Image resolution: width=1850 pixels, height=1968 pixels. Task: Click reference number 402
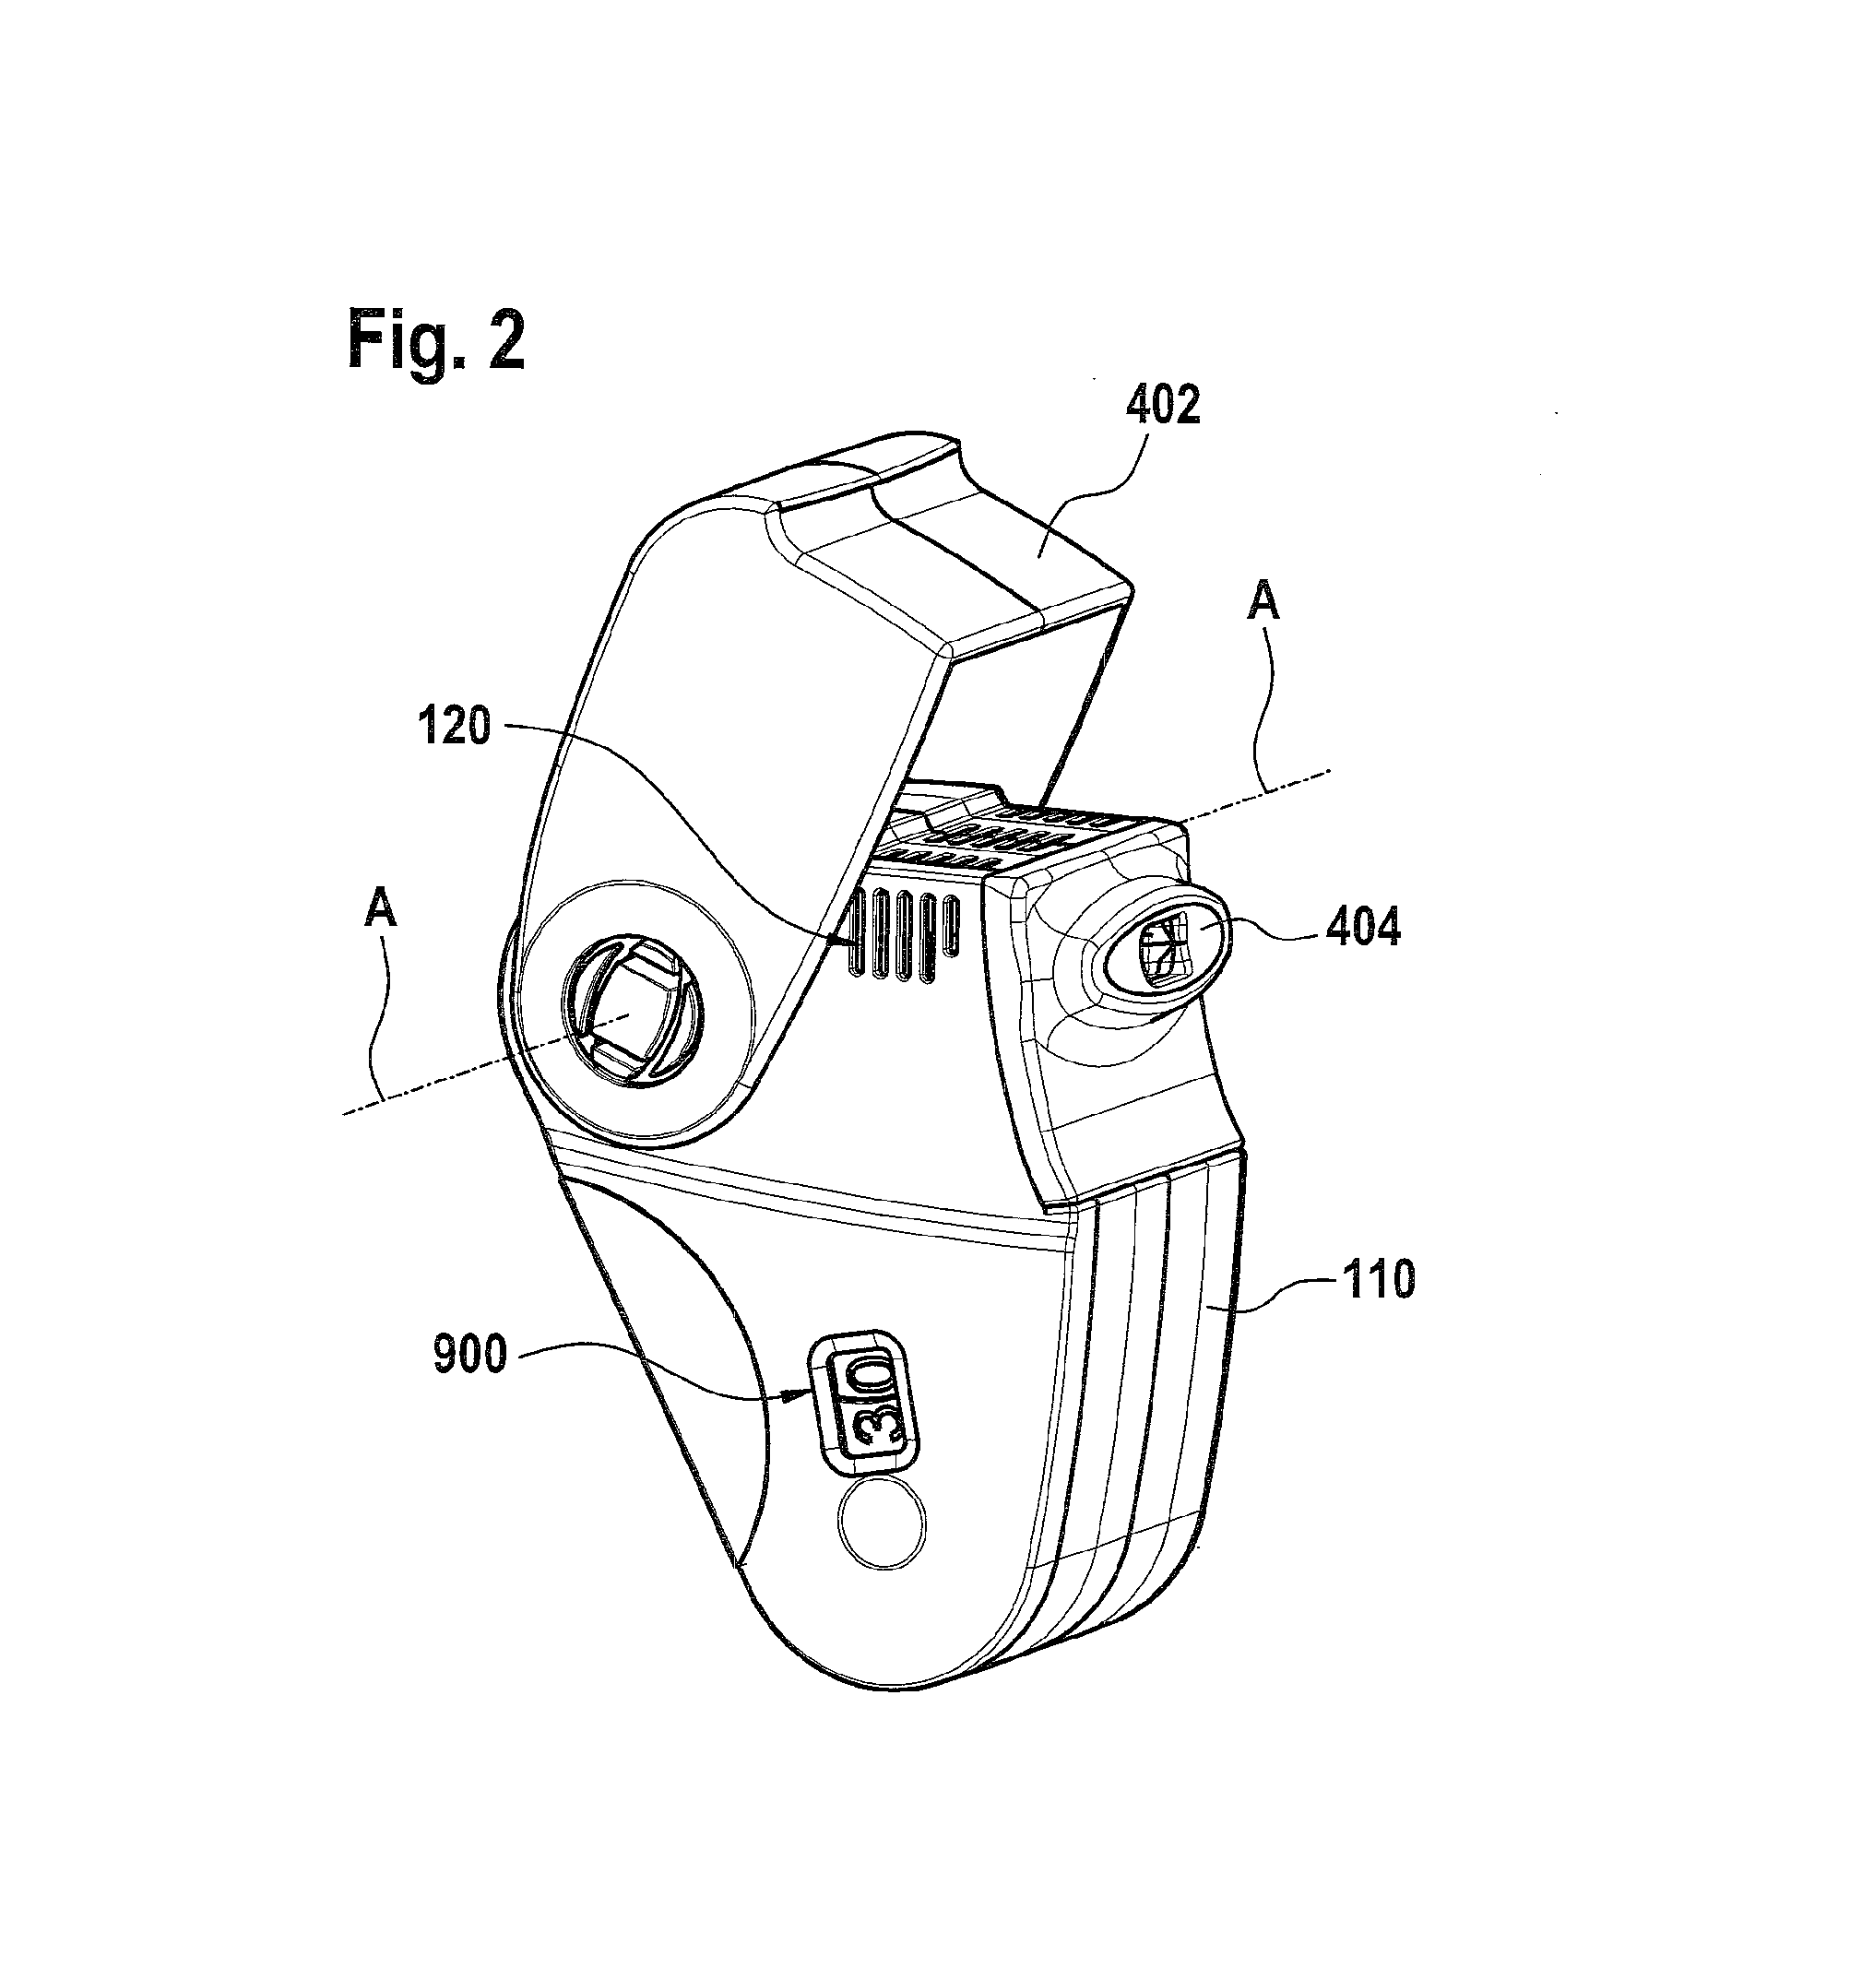click(1162, 405)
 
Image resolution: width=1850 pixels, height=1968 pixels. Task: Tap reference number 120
click(455, 728)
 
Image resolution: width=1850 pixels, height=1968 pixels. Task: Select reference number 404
click(1363, 928)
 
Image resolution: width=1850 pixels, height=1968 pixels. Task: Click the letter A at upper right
click(1263, 602)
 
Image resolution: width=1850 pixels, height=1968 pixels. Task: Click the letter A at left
click(381, 907)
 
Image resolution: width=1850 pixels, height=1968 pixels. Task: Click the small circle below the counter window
click(882, 1524)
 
